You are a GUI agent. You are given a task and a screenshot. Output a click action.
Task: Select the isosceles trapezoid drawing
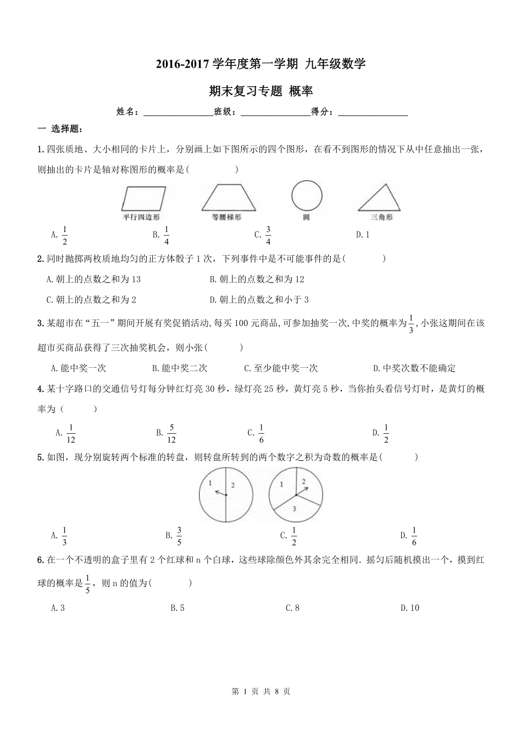point(226,198)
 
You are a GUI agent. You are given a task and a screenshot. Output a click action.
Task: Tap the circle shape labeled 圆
point(307,196)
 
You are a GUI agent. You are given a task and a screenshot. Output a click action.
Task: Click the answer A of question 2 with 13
point(94,279)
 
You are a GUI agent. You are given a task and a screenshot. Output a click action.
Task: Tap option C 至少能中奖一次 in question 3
point(281,368)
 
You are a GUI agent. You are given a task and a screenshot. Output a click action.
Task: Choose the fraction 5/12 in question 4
point(171,433)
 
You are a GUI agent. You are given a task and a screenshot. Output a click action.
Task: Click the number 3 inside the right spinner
point(295,509)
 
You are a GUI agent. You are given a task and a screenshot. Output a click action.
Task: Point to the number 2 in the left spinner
point(232,485)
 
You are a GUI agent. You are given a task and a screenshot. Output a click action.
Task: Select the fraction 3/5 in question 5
point(179,535)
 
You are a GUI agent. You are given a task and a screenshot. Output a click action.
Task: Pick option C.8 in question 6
point(292,608)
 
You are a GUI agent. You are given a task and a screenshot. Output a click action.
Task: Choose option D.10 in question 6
point(410,608)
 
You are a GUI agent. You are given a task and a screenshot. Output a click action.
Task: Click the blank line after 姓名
point(178,113)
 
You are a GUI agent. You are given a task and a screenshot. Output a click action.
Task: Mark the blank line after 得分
point(373,113)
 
